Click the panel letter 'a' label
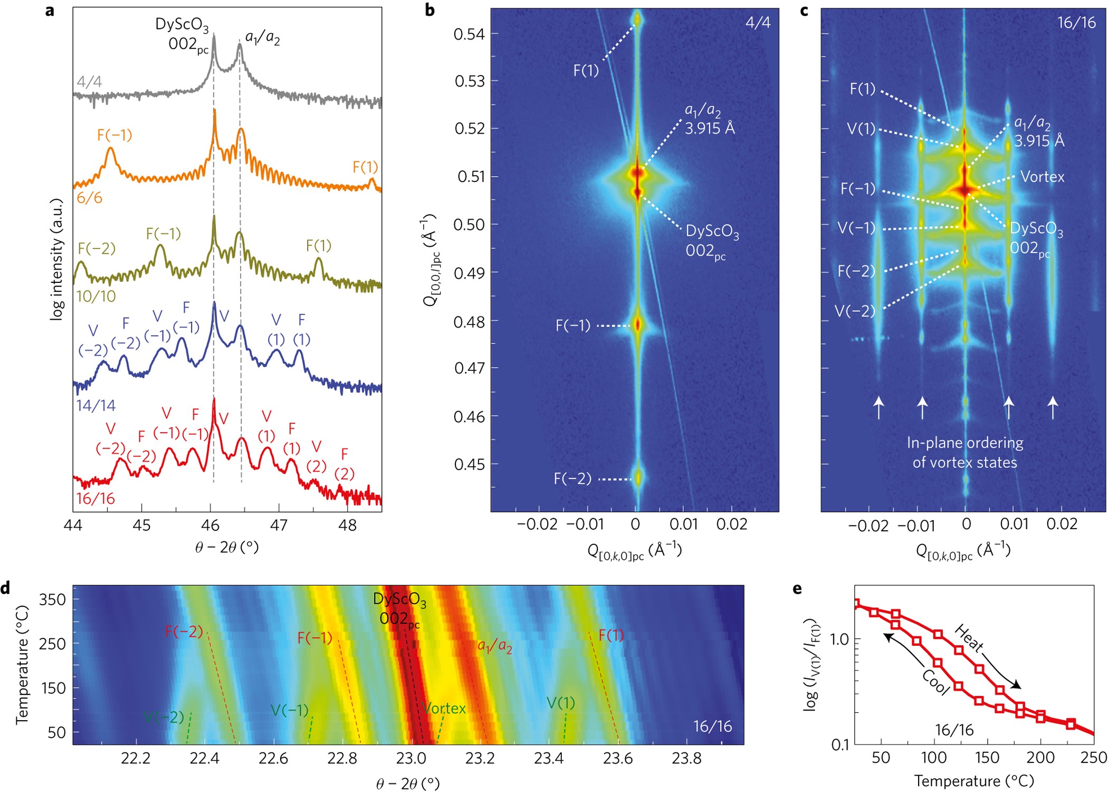50,11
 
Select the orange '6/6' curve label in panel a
89,198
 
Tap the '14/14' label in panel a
95,406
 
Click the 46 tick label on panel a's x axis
210,525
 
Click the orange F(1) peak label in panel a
365,167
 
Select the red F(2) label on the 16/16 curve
345,464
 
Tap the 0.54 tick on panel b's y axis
469,34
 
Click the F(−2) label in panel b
572,479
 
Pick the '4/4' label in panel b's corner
758,22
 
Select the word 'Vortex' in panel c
1042,177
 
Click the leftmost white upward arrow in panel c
878,408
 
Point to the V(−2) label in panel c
855,311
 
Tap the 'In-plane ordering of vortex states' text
964,453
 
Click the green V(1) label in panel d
560,703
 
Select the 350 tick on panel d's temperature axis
52,600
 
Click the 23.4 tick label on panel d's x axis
549,759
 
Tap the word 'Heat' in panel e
969,637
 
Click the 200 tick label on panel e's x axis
1040,758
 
